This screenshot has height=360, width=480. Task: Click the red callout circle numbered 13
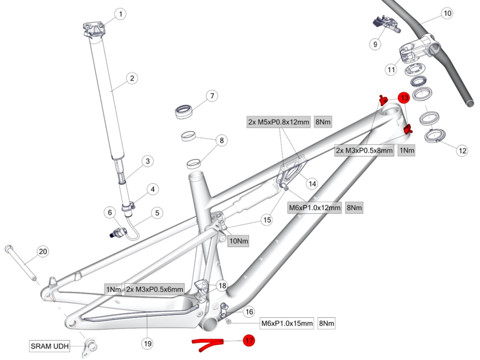pos(404,98)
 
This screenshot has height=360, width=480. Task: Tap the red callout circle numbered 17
pos(249,340)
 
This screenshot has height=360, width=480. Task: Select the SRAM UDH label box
pos(50,346)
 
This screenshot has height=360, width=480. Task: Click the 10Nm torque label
pos(238,241)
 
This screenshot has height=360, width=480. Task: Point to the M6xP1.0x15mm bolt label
pos(287,323)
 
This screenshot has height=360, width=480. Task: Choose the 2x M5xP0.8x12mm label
pos(278,122)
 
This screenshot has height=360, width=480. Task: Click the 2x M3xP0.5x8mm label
pos(364,150)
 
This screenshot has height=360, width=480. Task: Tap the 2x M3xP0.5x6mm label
pos(155,289)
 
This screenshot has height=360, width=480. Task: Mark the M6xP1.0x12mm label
pos(315,208)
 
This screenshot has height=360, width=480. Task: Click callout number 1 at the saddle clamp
pos(120,14)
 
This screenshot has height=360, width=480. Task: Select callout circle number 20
pos(43,252)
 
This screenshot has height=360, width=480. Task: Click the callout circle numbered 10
pos(447,13)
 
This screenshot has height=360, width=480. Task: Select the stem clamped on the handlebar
pos(416,50)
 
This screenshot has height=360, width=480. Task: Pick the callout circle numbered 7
pos(212,96)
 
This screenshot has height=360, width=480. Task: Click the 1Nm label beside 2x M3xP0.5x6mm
pos(114,289)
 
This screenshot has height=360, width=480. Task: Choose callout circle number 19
pos(148,344)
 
